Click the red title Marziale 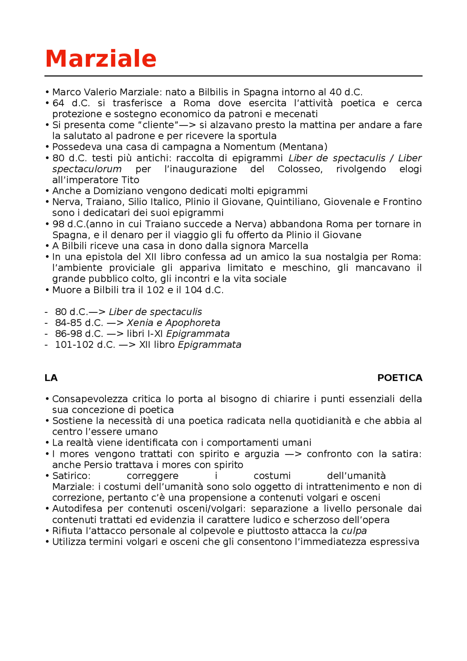coord(101,59)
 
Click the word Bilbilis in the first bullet coord(213,92)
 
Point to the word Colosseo coord(300,169)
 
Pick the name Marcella coord(289,246)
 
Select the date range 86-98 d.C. coord(79,334)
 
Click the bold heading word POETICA coord(400,378)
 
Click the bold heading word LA coord(51,378)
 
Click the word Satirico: coord(71,476)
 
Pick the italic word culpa coord(354,531)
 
